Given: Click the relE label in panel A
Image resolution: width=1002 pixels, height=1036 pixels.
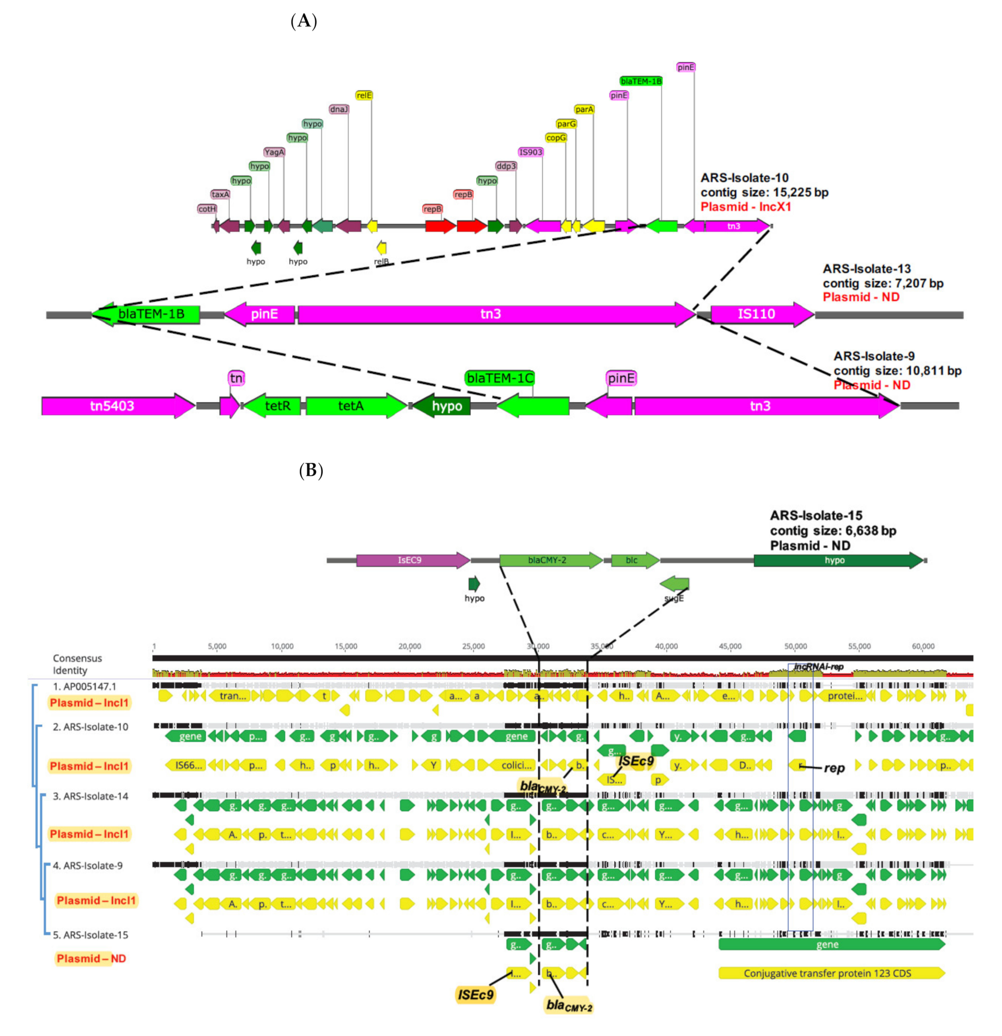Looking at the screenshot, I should pyautogui.click(x=363, y=95).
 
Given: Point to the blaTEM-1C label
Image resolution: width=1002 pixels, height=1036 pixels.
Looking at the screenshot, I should pyautogui.click(x=499, y=378).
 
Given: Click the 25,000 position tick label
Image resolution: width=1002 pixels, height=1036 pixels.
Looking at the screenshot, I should pyautogui.click(x=473, y=646).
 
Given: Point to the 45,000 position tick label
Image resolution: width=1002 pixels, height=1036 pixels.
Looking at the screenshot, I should pyautogui.click(x=730, y=646).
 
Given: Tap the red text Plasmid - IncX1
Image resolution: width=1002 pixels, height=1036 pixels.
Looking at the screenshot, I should pyautogui.click(x=746, y=207).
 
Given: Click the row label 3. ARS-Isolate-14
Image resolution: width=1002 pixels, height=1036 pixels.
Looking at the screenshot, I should pyautogui.click(x=90, y=796).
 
